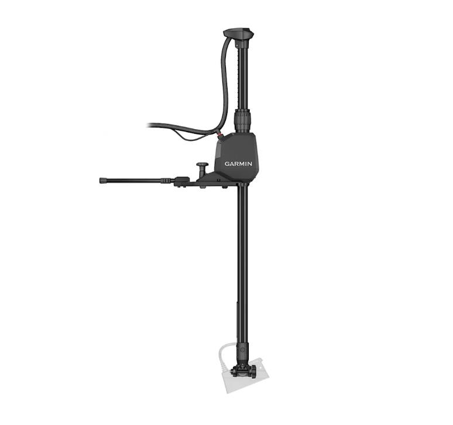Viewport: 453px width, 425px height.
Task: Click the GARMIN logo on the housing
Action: coord(238,164)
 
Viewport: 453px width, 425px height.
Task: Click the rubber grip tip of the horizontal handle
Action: coord(104,181)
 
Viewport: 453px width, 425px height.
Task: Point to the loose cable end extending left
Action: coord(153,125)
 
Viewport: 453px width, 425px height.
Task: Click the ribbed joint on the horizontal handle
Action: coord(166,181)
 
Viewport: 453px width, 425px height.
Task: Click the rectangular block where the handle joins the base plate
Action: coord(181,181)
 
